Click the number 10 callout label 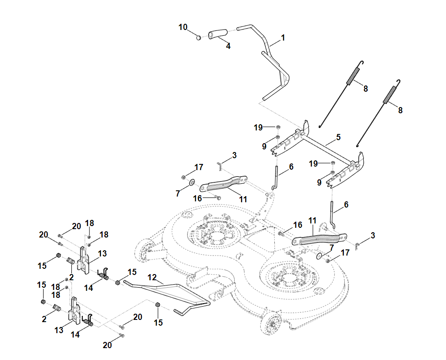click(183, 27)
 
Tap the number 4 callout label click(228, 46)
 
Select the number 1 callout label click(283, 38)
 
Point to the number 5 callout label click(338, 137)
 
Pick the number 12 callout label click(152, 278)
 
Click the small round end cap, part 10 click(199, 37)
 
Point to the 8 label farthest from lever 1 click(400, 110)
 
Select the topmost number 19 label click(258, 128)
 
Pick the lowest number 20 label click(107, 345)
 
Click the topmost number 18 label click(90, 223)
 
